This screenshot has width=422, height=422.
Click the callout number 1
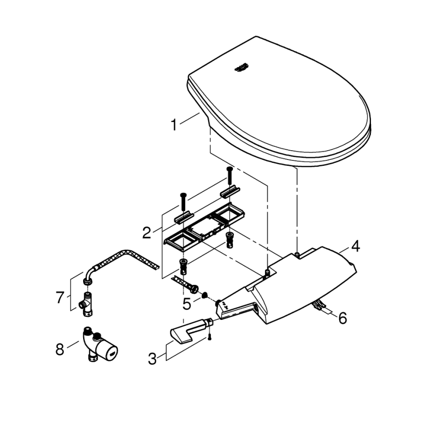tap(173, 125)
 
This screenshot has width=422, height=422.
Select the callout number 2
tap(147, 232)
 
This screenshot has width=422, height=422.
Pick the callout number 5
tap(187, 304)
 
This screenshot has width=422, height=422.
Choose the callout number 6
tap(343, 318)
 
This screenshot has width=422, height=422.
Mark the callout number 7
tap(60, 297)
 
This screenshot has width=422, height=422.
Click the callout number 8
tap(60, 349)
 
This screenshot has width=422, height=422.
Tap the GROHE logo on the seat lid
tap(242, 68)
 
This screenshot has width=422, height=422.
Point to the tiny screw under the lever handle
tap(209, 339)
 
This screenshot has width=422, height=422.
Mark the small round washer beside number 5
tap(205, 295)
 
